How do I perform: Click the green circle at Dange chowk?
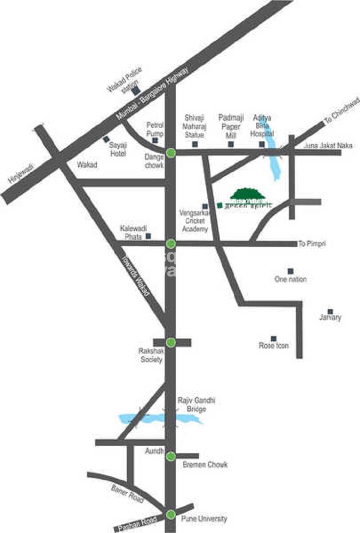point(171,152)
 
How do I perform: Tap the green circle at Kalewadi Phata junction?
point(171,243)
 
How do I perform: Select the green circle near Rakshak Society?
point(171,342)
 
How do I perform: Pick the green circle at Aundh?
point(171,456)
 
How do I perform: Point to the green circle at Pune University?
point(171,514)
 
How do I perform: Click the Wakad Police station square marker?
point(135,92)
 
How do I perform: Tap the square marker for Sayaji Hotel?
point(106,139)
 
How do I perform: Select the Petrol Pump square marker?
point(155,140)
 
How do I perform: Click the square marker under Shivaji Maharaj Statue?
point(195,144)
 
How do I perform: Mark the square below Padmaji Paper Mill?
point(231,144)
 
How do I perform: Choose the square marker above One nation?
point(290,271)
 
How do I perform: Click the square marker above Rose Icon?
point(273,338)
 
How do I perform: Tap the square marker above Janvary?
point(330,311)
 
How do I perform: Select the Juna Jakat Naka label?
point(328,146)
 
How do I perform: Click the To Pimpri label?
point(312,244)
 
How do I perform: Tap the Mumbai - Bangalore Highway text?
point(152,94)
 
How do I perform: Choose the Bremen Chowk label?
point(205,465)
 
